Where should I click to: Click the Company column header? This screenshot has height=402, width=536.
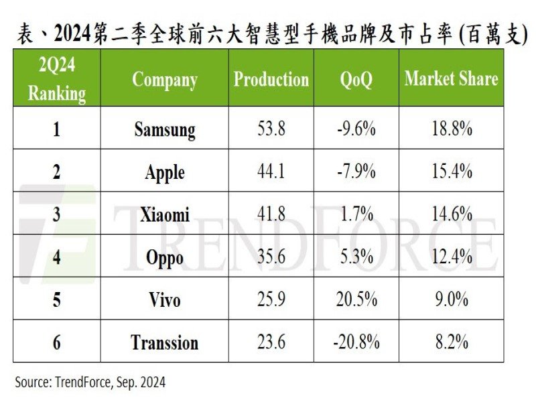point(164,80)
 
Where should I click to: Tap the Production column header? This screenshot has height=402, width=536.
point(271,80)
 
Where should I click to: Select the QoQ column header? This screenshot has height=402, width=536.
point(356,80)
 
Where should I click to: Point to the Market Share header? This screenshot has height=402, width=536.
point(451,79)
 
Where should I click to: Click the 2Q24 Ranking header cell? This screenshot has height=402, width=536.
point(56,80)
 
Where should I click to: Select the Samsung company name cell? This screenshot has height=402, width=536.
point(164,129)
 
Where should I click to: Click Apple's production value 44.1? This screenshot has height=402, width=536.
point(271,172)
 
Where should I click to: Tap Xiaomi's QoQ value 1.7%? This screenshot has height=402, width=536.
point(356,214)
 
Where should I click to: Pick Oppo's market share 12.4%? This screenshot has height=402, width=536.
point(451,257)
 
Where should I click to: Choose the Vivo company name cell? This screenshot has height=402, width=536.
point(164,299)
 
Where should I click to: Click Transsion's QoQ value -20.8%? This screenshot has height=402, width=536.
point(356,342)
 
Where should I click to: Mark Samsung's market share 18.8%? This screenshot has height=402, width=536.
point(451,129)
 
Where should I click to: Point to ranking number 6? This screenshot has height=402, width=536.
point(56,342)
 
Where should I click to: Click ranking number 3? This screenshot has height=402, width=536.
point(56,214)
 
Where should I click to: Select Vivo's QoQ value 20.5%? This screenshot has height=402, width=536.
point(356,299)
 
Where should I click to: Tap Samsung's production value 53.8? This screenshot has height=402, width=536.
point(271,129)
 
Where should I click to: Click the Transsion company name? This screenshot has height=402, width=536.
point(164,342)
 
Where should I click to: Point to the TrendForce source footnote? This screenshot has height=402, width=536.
point(90,383)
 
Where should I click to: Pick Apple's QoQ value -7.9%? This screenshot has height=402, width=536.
point(356,172)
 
